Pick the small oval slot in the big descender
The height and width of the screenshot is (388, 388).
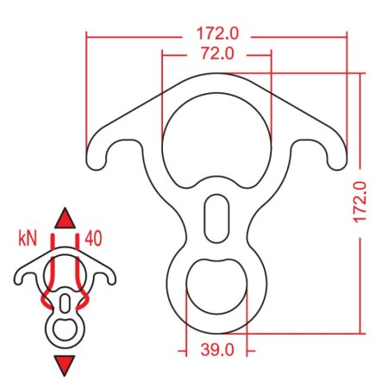click(216, 220)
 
